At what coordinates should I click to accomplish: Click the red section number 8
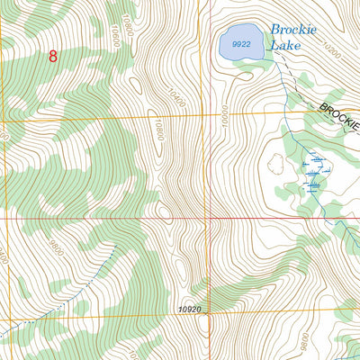coord(52,56)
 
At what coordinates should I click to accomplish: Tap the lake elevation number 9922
coord(240,43)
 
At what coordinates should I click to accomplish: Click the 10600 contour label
coord(115,33)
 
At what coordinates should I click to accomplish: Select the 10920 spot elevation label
coord(188,310)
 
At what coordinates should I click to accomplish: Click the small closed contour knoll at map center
coord(164,212)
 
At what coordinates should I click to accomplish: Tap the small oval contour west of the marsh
coord(275,164)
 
